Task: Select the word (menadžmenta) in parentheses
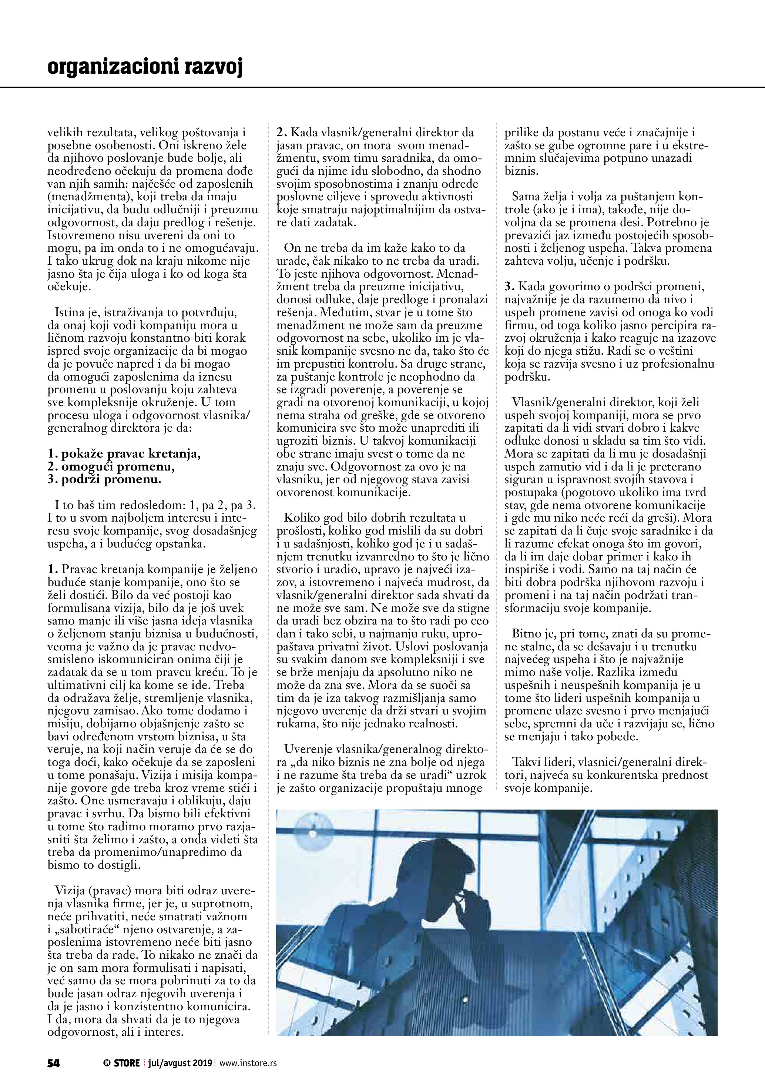86,197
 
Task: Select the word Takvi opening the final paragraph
527,762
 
